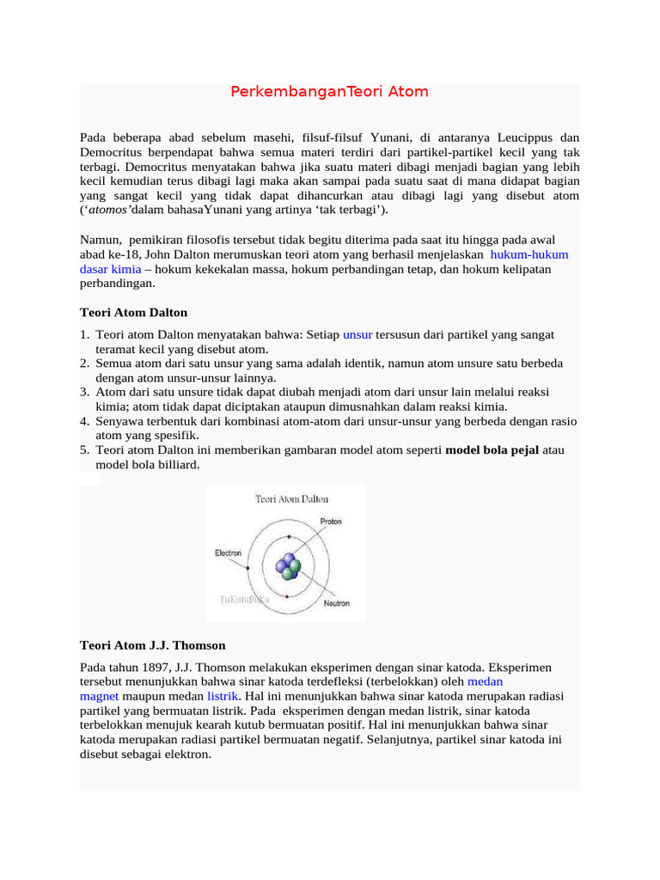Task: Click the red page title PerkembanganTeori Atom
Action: [x=329, y=91]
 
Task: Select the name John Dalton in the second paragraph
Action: [x=178, y=254]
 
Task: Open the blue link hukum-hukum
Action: [x=529, y=254]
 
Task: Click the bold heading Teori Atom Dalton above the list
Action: [x=133, y=312]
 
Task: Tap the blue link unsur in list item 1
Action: [x=357, y=334]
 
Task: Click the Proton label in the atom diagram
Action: [x=330, y=521]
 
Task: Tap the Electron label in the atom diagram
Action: [x=228, y=553]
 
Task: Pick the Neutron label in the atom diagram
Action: [x=336, y=603]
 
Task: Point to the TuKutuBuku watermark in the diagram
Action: [x=241, y=598]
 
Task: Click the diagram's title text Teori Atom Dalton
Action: [x=290, y=498]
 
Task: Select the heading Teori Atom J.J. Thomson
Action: [x=152, y=645]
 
